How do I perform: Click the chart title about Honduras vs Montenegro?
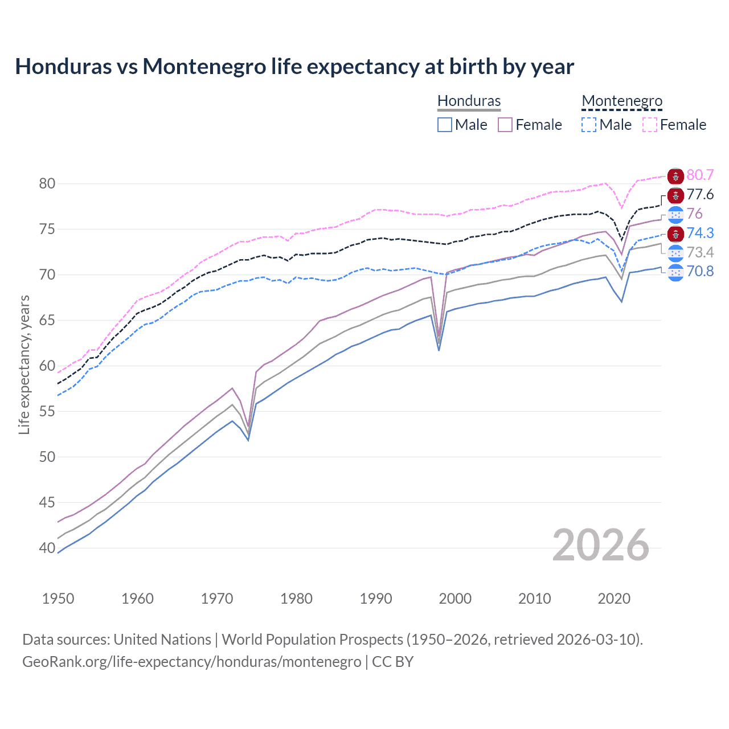click(294, 67)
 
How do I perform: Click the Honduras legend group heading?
click(469, 101)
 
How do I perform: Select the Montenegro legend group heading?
click(622, 101)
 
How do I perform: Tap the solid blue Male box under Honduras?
click(445, 125)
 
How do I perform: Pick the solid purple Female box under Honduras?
click(505, 125)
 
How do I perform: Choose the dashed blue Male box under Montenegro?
click(589, 125)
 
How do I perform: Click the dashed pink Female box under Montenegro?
click(650, 125)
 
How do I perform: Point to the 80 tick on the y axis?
click(47, 183)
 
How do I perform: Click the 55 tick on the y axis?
click(47, 411)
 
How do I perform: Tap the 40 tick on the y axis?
click(47, 548)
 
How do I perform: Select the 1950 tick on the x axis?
click(58, 599)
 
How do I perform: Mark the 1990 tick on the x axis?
click(376, 599)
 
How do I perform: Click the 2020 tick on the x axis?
click(614, 599)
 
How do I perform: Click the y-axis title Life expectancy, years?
click(24, 364)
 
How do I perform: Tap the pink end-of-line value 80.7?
click(700, 175)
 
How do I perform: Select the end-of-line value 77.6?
click(700, 194)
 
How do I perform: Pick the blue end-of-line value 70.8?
click(700, 271)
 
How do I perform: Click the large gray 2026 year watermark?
click(601, 545)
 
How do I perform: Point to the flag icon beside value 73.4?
click(675, 252)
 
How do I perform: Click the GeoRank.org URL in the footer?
click(191, 662)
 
